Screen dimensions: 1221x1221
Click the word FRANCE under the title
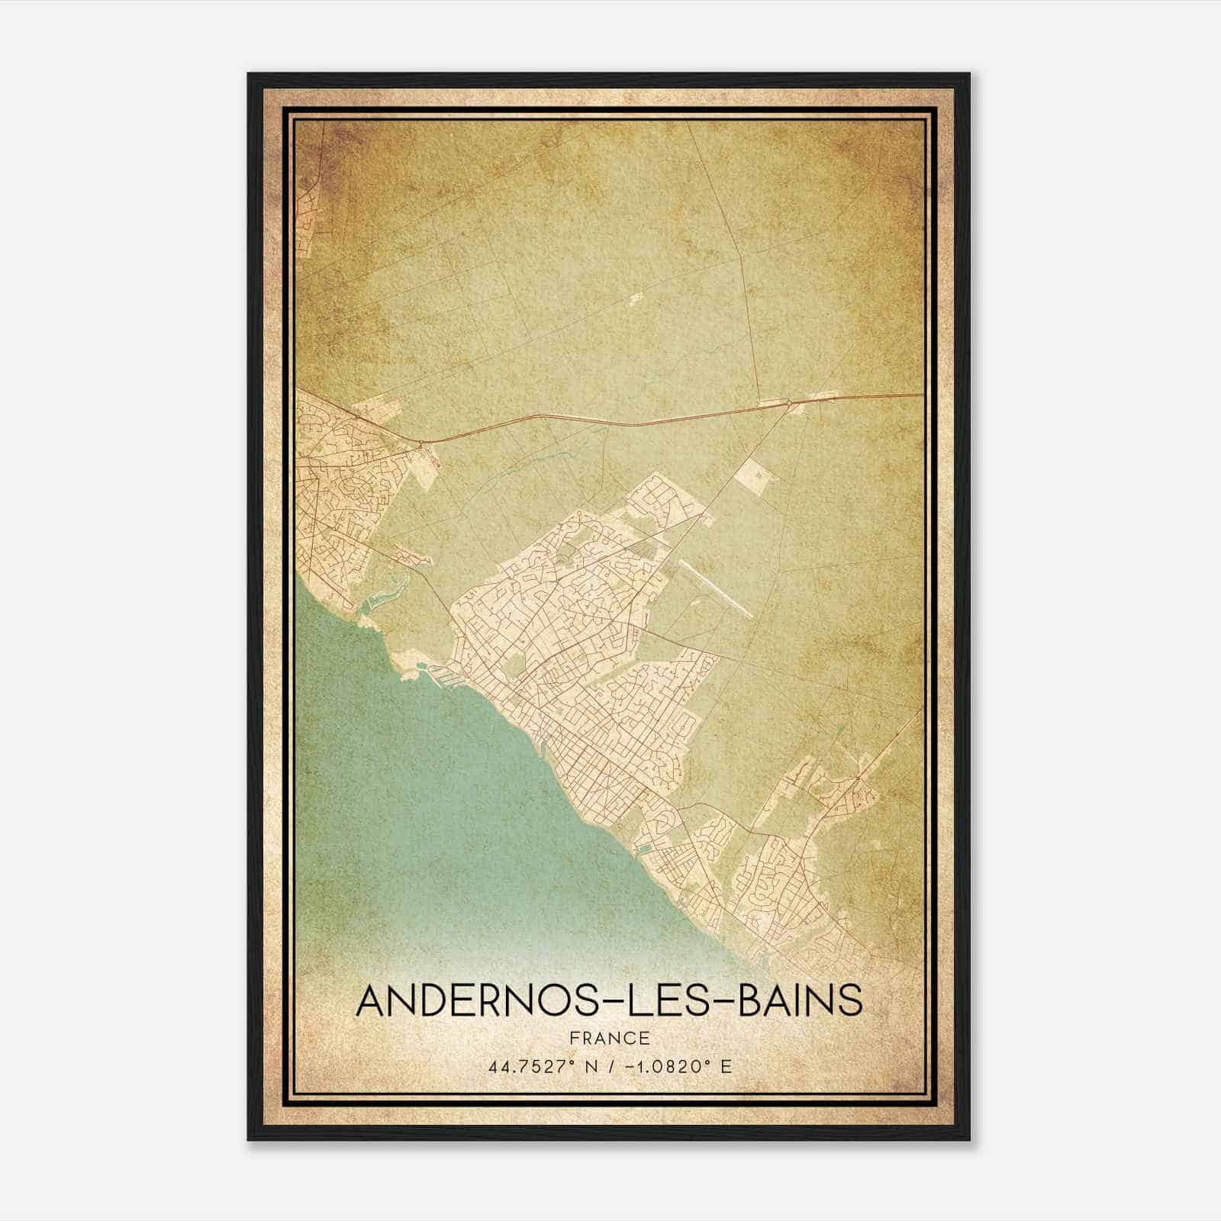pyautogui.click(x=608, y=1038)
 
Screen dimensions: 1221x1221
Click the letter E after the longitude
pyautogui.click(x=726, y=1066)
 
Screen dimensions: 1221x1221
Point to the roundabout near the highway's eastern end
pyautogui.click(x=789, y=402)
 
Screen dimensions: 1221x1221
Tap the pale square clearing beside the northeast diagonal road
pyautogui.click(x=756, y=477)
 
